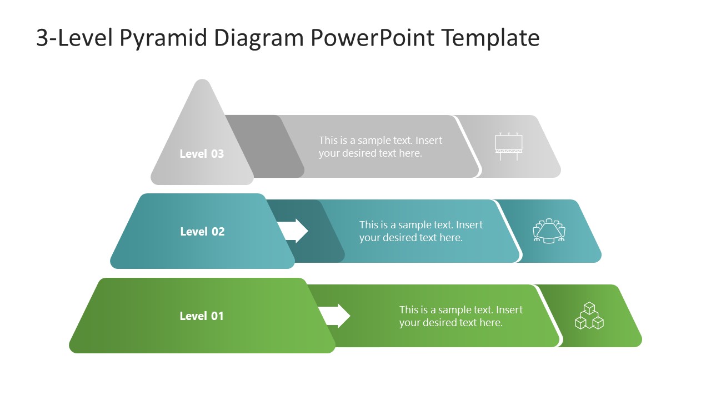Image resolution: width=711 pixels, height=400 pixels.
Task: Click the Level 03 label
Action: pyautogui.click(x=202, y=154)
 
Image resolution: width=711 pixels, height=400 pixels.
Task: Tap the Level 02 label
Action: pyautogui.click(x=202, y=232)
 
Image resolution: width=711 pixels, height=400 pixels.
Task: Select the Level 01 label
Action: pyautogui.click(x=202, y=316)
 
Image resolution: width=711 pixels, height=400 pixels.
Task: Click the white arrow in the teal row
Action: pyautogui.click(x=293, y=231)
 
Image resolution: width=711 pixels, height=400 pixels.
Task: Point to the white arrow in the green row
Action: pyautogui.click(x=335, y=316)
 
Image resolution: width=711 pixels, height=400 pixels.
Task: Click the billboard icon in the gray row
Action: pyautogui.click(x=509, y=146)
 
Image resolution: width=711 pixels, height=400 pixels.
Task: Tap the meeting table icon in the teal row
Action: pyautogui.click(x=549, y=231)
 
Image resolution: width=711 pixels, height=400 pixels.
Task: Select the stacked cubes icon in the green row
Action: pyautogui.click(x=589, y=316)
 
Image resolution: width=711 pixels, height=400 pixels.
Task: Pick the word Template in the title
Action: pyautogui.click(x=491, y=38)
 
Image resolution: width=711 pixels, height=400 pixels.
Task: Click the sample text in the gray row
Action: pyautogui.click(x=380, y=147)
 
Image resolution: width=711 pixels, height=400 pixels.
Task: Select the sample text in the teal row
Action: pyautogui.click(x=421, y=231)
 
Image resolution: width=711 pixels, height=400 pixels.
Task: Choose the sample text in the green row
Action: pyautogui.click(x=461, y=316)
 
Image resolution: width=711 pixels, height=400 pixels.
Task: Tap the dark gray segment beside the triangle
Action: pyautogui.click(x=261, y=146)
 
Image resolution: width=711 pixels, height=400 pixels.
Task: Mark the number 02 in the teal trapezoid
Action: pyautogui.click(x=217, y=232)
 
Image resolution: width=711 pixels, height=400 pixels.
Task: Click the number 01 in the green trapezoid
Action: pyautogui.click(x=217, y=316)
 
